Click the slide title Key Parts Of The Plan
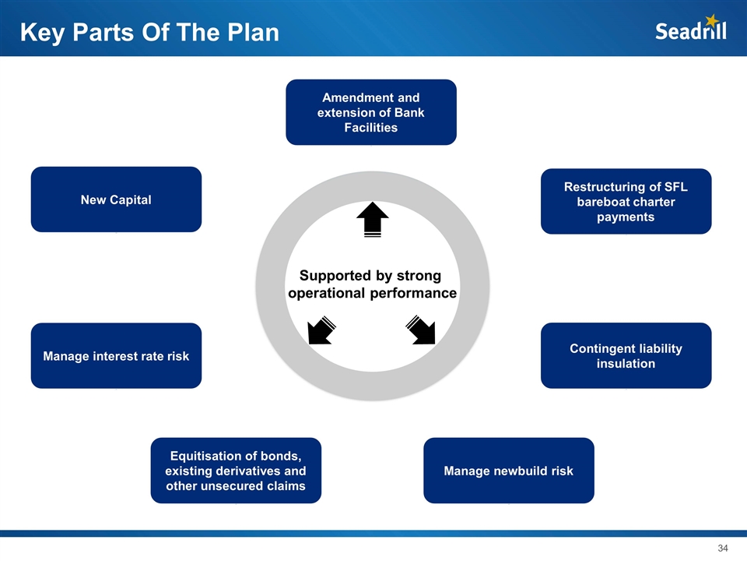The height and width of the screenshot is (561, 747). click(149, 33)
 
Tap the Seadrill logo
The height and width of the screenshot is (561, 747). click(690, 31)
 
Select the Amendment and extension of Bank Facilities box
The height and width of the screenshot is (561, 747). click(371, 112)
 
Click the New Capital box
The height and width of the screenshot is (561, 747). click(116, 199)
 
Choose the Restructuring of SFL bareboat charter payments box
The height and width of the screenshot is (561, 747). click(626, 201)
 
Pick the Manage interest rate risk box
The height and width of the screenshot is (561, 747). click(116, 356)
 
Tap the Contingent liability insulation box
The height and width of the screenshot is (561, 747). click(626, 355)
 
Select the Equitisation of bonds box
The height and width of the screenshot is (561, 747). click(236, 471)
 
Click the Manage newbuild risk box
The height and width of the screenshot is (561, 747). click(508, 471)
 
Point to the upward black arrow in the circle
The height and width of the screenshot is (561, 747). click(372, 218)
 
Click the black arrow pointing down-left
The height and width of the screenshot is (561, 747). click(321, 330)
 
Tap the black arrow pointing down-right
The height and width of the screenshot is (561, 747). click(421, 330)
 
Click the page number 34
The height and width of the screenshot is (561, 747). click(722, 549)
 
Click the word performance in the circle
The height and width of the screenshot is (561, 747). click(412, 293)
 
